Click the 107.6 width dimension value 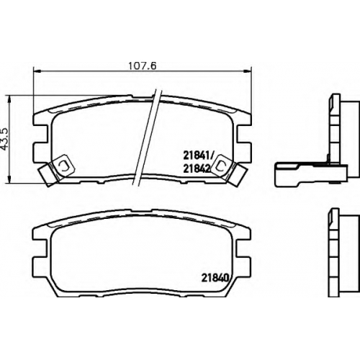tap(143, 66)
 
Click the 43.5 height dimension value tap(6, 139)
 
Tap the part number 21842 tap(197, 169)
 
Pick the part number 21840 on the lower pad tap(214, 278)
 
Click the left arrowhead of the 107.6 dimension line tap(37, 71)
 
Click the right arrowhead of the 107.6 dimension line tap(247, 71)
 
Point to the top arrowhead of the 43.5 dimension tap(9, 99)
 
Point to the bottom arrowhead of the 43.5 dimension tap(9, 179)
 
